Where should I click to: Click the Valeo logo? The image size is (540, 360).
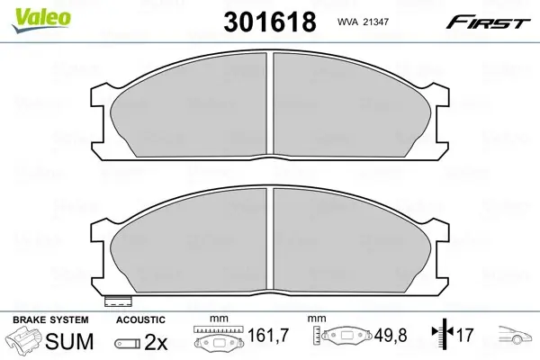pos(41,20)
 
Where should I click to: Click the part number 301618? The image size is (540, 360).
pos(270,22)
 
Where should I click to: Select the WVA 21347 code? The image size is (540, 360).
pos(363,22)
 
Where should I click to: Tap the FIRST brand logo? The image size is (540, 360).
pos(488,22)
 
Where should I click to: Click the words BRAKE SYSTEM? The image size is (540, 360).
pos(50,319)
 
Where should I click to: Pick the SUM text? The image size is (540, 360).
pos(69,341)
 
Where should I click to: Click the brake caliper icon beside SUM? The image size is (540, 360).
pos(24,339)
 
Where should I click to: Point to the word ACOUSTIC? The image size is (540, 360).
pos(140,319)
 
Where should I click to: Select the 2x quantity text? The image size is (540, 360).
pos(156,342)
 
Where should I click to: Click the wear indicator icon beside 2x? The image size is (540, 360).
pos(128,343)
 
